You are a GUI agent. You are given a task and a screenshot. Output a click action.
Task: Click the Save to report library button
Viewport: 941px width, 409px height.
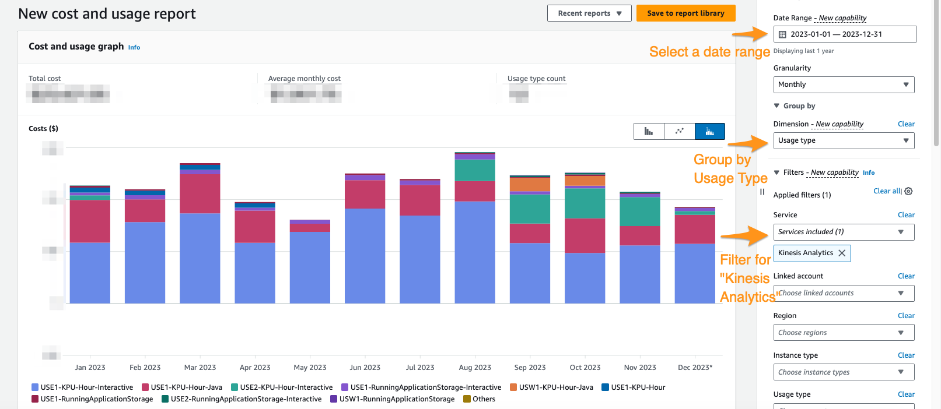[685, 13]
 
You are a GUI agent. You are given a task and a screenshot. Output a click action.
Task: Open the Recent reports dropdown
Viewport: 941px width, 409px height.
[589, 13]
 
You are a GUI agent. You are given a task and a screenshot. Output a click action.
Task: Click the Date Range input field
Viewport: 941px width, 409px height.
[844, 34]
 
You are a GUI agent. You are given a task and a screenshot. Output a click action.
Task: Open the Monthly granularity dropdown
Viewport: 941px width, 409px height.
[843, 84]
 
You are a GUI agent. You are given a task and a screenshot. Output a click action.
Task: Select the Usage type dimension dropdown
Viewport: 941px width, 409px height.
[843, 140]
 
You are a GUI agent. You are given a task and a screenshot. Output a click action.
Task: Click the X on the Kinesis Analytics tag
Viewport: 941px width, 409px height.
[842, 253]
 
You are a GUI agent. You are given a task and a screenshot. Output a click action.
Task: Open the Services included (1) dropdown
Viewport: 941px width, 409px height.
[843, 232]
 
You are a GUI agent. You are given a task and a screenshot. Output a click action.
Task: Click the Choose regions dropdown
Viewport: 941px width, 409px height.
[843, 333]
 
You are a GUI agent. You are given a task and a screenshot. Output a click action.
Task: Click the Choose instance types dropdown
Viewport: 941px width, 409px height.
[843, 372]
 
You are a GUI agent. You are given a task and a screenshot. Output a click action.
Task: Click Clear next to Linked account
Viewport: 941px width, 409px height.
[906, 276]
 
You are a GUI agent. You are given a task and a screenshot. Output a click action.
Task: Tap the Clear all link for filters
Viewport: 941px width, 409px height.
[887, 191]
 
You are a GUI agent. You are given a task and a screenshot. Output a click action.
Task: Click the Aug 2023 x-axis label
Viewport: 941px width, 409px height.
[475, 368]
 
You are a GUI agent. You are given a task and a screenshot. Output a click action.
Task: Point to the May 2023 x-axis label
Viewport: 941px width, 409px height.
[310, 368]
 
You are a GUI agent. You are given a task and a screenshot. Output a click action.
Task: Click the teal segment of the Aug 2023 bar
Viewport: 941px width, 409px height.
[475, 170]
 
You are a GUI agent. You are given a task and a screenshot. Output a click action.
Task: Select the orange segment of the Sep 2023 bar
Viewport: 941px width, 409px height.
[530, 184]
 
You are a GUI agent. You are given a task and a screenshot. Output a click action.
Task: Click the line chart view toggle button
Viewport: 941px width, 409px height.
[679, 131]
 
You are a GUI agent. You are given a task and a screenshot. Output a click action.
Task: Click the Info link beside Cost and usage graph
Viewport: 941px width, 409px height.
[134, 48]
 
